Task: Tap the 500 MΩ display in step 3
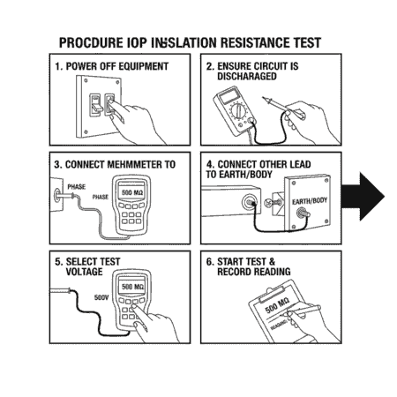pyautogui.click(x=132, y=192)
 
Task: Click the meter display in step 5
pyautogui.click(x=131, y=288)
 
